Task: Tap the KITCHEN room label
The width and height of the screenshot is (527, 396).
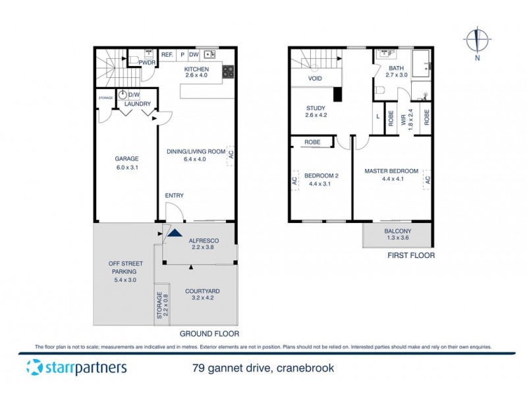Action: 196,69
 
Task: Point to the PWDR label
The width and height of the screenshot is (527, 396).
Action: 146,63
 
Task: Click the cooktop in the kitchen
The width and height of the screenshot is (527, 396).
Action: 228,71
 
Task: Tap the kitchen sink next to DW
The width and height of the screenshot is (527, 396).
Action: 210,55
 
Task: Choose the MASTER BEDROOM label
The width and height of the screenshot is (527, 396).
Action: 391,171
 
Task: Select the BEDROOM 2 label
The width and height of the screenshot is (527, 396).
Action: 321,176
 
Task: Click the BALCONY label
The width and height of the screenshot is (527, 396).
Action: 397,231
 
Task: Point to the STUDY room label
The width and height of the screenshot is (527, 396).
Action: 316,109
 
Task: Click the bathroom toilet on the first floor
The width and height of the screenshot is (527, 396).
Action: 379,89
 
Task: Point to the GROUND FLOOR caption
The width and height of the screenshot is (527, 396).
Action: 209,333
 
